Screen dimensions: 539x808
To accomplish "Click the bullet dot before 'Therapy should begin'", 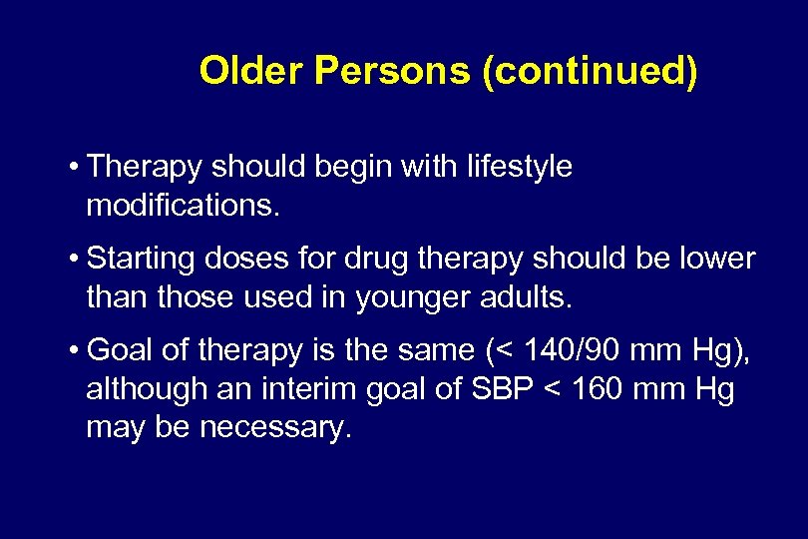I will [75, 168].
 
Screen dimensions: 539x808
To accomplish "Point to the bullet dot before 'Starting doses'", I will [75, 260].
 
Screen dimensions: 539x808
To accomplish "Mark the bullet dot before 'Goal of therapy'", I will [75, 351].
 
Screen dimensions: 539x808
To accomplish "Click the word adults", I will [530, 297].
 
